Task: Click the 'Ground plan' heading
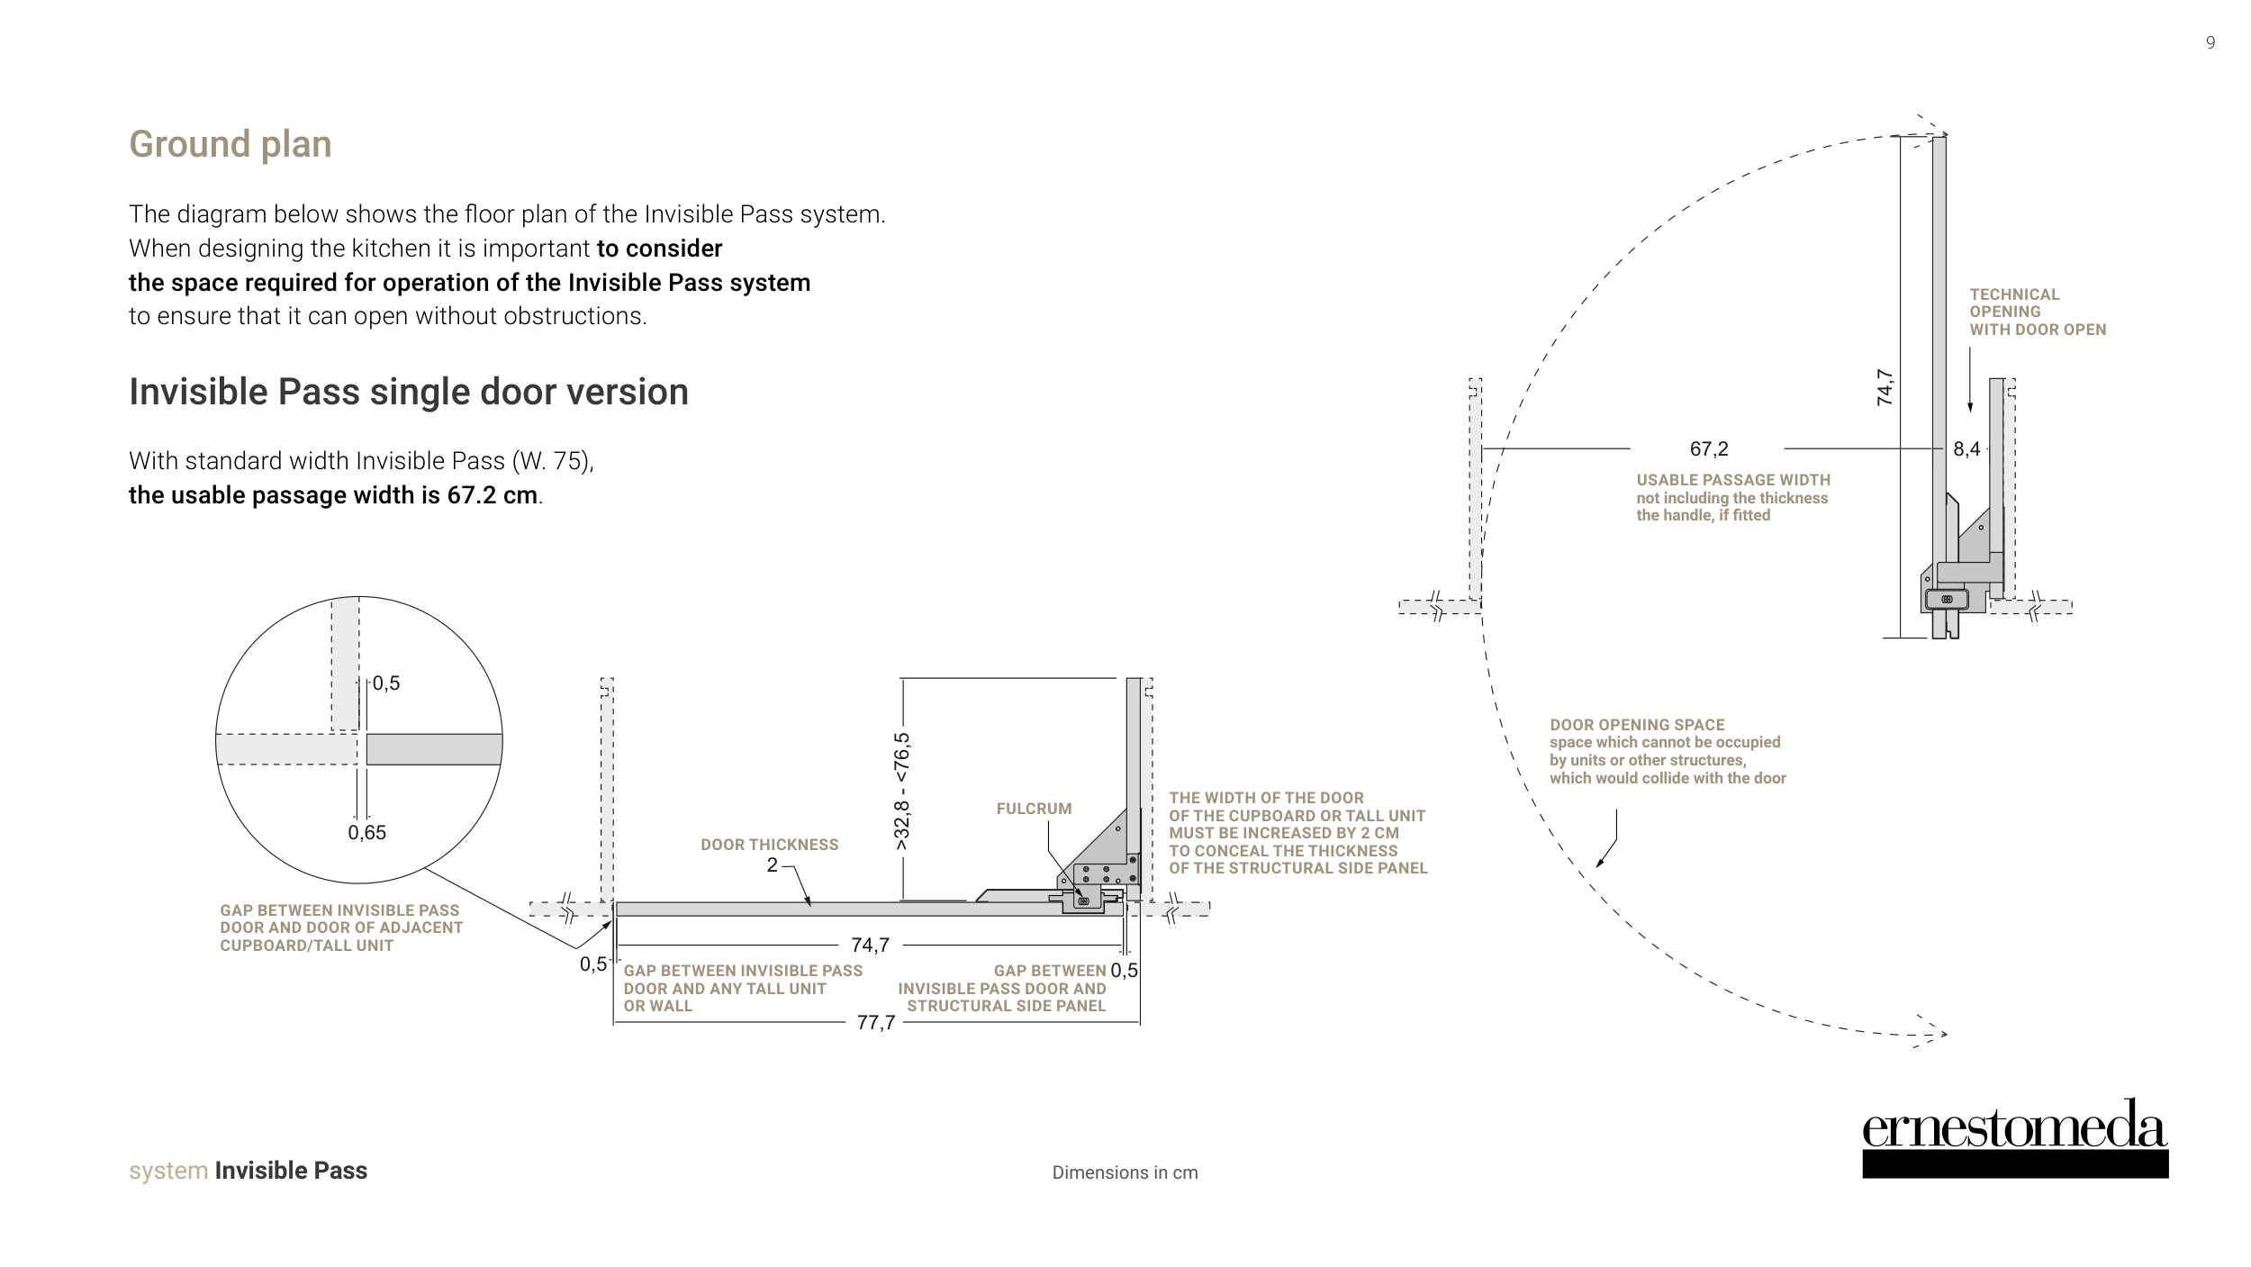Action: tap(230, 144)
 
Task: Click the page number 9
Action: tap(2210, 42)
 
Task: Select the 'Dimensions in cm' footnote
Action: tap(1125, 1172)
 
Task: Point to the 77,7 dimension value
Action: tap(875, 1023)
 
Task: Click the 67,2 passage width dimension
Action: tap(1708, 448)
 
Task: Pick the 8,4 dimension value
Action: tap(1966, 448)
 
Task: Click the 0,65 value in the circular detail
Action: tap(366, 833)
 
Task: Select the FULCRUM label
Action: tap(1034, 809)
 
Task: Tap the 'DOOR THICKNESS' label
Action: tap(769, 845)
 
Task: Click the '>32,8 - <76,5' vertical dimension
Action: tap(902, 792)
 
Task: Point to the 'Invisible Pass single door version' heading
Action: tap(408, 392)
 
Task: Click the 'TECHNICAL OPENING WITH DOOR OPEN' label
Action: tap(2037, 312)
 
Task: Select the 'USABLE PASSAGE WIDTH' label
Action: tap(1732, 480)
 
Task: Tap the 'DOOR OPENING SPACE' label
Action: tap(1637, 725)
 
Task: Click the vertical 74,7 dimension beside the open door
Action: tap(1885, 387)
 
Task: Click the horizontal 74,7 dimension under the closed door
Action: tap(870, 945)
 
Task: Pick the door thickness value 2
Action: tap(772, 865)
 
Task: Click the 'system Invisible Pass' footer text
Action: tap(248, 1171)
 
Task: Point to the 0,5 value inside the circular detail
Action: tap(386, 683)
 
